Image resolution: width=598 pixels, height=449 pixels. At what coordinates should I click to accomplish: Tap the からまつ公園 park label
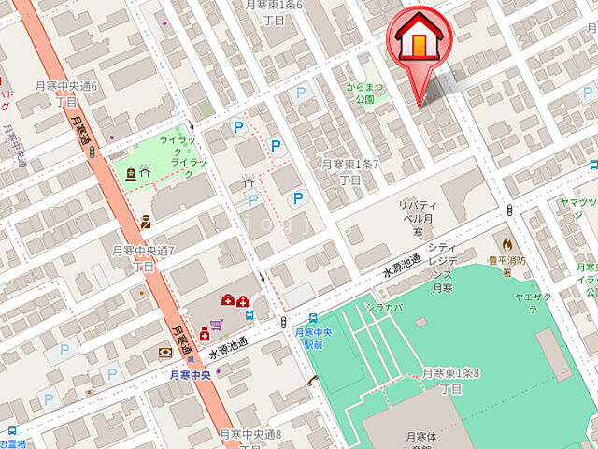click(x=364, y=92)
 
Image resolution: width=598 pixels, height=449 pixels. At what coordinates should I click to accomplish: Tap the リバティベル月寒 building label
click(x=412, y=218)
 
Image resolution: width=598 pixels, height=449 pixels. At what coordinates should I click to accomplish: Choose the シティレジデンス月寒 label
click(x=443, y=263)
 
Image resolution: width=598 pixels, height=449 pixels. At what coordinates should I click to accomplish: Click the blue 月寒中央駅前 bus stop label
click(x=313, y=338)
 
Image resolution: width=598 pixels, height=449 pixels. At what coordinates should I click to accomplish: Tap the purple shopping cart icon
click(x=217, y=325)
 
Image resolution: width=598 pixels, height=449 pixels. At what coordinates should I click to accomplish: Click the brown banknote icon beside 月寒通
click(x=164, y=352)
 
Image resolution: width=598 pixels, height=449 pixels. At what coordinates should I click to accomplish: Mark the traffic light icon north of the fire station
click(x=509, y=209)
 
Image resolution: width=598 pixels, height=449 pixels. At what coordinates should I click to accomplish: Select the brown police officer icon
click(x=146, y=223)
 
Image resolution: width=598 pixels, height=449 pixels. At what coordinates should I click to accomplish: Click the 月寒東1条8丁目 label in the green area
click(x=450, y=380)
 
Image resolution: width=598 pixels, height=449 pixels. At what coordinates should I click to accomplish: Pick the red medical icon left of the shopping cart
click(x=205, y=333)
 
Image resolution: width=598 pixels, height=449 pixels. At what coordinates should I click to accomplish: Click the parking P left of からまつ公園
click(x=301, y=93)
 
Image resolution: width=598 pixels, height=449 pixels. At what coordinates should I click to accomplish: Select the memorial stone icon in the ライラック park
click(x=130, y=172)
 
